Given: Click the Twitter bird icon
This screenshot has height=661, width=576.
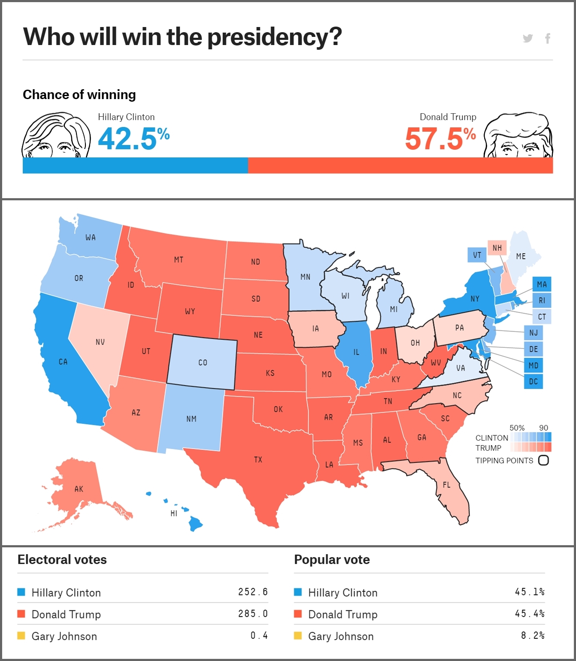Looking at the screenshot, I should click(x=527, y=39).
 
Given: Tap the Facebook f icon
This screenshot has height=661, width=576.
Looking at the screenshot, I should click(x=548, y=39).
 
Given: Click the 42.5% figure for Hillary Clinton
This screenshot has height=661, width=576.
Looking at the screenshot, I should click(x=133, y=139).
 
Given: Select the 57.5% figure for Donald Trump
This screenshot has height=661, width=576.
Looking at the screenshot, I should click(x=440, y=139).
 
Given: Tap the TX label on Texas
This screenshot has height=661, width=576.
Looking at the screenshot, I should click(x=258, y=460).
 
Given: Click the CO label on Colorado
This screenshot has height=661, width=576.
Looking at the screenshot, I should click(x=203, y=363).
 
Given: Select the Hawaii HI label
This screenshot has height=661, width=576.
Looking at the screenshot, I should click(x=174, y=513).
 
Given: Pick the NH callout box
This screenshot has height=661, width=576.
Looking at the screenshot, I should click(x=497, y=248).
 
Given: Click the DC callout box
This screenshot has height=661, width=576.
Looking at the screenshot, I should click(x=534, y=381).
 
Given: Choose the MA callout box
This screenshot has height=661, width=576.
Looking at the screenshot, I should click(x=542, y=284).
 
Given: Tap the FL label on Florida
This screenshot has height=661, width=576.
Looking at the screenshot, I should click(x=447, y=485).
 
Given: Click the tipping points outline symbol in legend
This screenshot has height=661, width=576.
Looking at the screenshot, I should click(x=543, y=460).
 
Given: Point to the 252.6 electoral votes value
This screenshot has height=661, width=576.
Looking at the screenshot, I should click(x=253, y=592).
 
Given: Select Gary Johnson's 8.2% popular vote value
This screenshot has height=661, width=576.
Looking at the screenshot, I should click(x=533, y=635).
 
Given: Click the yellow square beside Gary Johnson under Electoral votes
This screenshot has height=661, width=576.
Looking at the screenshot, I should click(x=21, y=636).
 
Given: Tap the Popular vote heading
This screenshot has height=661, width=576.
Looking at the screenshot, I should click(x=332, y=560).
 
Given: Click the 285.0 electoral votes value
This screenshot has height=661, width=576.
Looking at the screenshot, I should click(x=253, y=614).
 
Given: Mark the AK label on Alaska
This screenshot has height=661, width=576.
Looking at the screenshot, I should click(x=79, y=489).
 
